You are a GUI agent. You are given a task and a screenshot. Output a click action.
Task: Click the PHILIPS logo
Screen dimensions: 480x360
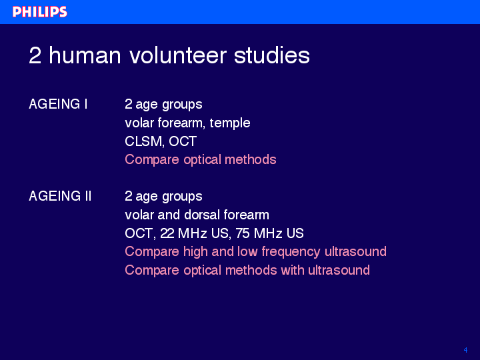tap(40, 11)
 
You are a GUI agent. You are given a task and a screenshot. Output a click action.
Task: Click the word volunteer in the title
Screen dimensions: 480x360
tap(178, 55)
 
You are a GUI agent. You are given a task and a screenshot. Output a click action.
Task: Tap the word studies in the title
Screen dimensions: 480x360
tap(272, 55)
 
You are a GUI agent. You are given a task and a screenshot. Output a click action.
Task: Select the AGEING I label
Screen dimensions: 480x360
tap(58, 104)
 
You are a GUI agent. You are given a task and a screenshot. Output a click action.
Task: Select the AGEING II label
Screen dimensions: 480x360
tap(60, 196)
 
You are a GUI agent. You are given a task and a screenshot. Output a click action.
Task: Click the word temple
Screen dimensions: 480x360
tap(230, 123)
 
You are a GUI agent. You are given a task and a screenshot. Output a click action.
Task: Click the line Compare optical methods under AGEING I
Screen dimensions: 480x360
tap(201, 160)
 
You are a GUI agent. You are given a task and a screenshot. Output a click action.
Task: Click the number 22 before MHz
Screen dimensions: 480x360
tap(167, 233)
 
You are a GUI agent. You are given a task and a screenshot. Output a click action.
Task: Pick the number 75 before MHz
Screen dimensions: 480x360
tap(243, 233)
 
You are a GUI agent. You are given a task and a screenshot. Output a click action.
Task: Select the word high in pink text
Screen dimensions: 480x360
tap(195, 252)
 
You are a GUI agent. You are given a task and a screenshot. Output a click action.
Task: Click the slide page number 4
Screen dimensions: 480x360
tap(465, 350)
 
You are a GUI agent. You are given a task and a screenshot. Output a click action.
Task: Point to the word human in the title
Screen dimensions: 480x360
tap(85, 55)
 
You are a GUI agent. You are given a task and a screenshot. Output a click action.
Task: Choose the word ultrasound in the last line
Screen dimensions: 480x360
tap(339, 270)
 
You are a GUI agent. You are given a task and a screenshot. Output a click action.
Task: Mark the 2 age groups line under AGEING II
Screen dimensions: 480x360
tap(163, 197)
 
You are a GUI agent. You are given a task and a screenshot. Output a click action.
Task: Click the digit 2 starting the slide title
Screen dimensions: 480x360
tap(35, 55)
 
